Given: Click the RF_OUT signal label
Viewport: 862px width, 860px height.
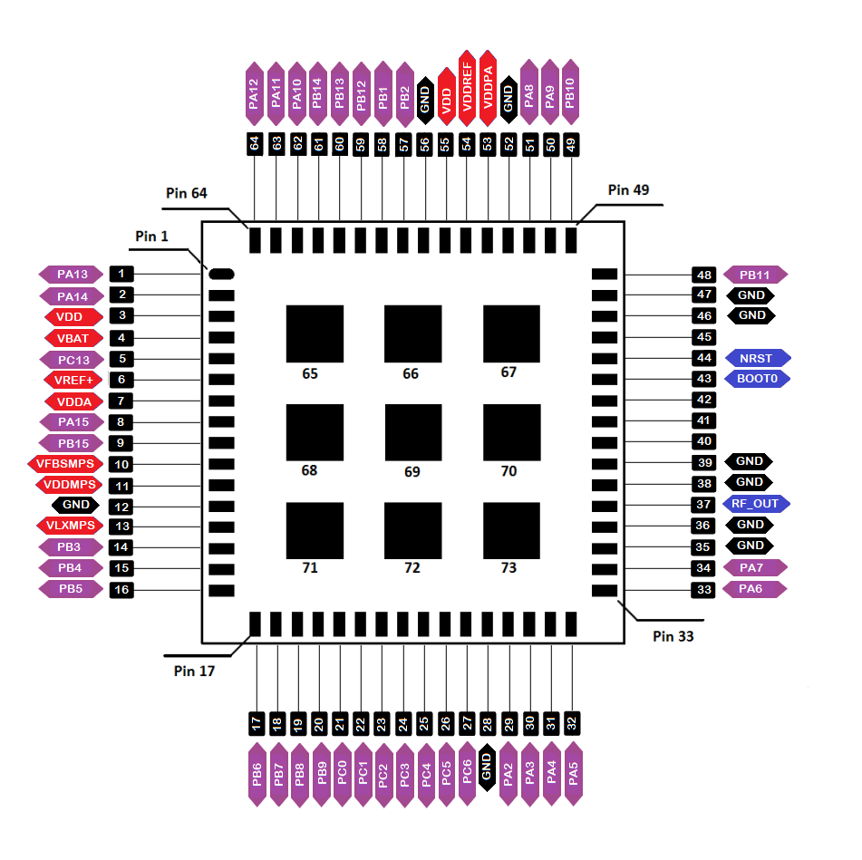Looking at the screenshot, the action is click(x=756, y=503).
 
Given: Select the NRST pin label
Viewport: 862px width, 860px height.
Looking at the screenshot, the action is click(x=758, y=358).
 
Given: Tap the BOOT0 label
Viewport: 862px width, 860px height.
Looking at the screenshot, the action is click(x=757, y=379).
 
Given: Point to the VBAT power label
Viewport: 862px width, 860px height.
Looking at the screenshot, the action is click(x=73, y=339).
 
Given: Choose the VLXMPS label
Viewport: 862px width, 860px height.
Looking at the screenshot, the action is click(x=70, y=526).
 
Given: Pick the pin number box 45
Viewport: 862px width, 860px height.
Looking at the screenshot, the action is click(x=703, y=337).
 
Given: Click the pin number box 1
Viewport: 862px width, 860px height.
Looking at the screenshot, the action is click(x=121, y=274).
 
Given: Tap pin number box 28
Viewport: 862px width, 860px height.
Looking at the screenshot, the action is click(x=488, y=724).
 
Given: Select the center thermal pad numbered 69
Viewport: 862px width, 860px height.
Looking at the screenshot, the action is click(x=413, y=432).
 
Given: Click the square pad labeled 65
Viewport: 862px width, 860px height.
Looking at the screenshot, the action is click(x=315, y=333).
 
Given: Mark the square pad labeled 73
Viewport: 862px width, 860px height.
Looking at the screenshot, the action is click(x=511, y=530).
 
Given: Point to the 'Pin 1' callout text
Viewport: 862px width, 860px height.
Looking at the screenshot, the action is click(x=151, y=237).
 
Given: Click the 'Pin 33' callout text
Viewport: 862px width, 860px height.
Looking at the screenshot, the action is click(x=673, y=636).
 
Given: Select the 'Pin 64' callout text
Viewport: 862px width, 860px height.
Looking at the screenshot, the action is click(x=187, y=193).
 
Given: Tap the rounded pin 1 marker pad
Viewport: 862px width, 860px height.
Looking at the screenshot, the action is click(x=221, y=274).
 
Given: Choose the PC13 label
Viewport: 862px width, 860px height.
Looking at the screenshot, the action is click(x=72, y=360).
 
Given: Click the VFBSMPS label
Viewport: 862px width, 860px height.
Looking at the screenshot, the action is click(x=65, y=464).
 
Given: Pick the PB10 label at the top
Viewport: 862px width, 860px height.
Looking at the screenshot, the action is click(x=571, y=92).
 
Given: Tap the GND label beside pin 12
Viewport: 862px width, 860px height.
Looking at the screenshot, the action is click(x=75, y=505).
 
